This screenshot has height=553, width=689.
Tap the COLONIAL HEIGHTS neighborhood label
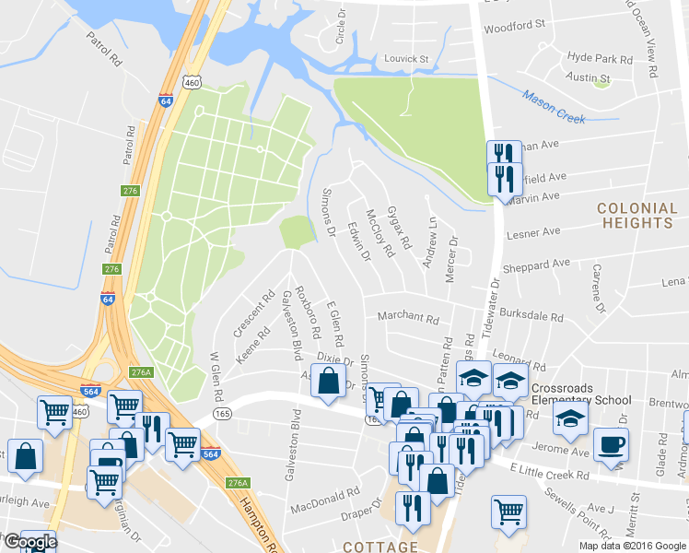click(636, 216)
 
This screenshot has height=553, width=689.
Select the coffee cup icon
click(611, 443)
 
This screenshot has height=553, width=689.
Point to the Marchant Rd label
click(408, 318)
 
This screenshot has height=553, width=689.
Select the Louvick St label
click(407, 59)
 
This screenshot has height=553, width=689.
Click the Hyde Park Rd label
click(600, 58)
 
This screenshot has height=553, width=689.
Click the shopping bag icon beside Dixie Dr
click(329, 381)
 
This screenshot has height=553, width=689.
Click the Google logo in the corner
click(29, 542)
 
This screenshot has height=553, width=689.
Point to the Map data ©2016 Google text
click(631, 545)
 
